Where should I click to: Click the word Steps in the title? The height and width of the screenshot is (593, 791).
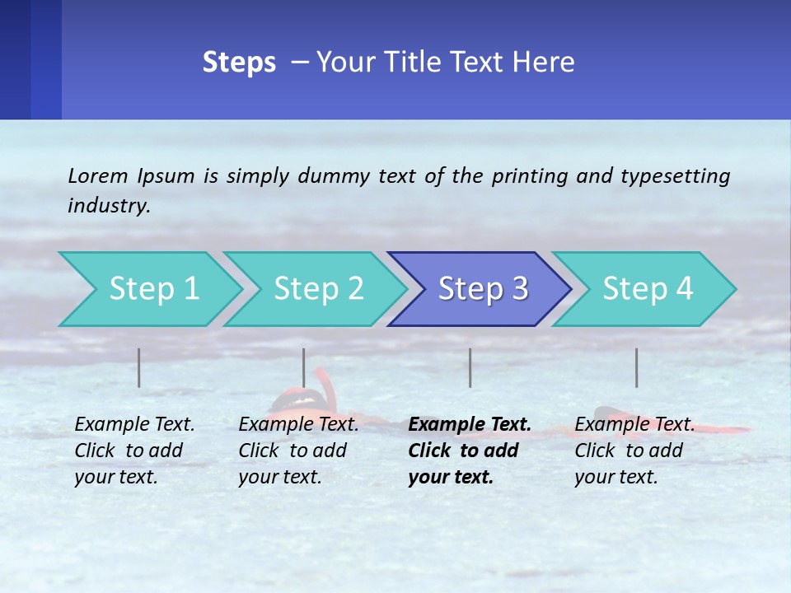[239, 63]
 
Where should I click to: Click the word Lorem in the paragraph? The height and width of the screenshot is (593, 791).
[98, 175]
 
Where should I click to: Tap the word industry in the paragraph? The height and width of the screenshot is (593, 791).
[108, 206]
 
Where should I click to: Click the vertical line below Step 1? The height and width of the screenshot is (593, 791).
[139, 367]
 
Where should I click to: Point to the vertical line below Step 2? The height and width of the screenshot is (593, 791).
[304, 367]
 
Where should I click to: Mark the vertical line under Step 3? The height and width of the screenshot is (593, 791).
[470, 367]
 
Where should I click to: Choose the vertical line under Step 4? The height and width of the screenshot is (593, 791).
[637, 367]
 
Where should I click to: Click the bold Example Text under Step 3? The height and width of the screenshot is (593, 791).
[470, 425]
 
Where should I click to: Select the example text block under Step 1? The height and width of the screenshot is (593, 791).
[134, 451]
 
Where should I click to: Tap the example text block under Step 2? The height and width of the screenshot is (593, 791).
[298, 451]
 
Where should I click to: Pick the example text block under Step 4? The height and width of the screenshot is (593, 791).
[634, 451]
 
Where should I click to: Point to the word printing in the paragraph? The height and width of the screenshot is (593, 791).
[530, 175]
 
